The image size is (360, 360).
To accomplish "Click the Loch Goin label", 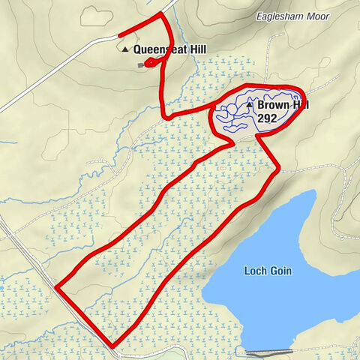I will (267, 271).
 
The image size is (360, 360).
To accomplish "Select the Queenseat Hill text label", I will (169, 49).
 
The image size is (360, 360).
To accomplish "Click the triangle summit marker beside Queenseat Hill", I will (125, 49).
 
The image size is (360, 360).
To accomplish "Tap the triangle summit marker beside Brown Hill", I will (249, 105).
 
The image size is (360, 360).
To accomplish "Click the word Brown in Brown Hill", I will (271, 106).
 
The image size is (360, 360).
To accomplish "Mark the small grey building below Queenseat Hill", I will (140, 65).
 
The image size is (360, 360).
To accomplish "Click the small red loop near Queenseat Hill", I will (151, 64).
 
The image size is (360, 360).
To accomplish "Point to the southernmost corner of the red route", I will (114, 346).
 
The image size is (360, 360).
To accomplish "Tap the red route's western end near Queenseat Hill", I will (121, 34).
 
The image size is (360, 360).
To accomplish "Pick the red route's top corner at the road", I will (161, 14).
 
